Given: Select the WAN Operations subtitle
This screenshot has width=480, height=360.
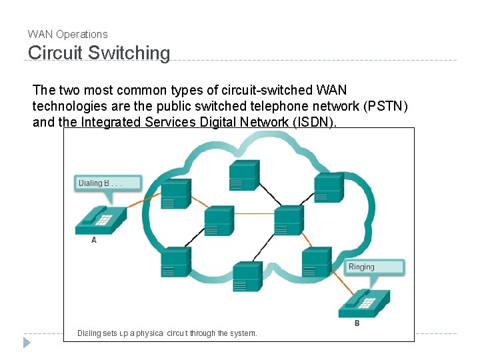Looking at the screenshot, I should tap(67, 34).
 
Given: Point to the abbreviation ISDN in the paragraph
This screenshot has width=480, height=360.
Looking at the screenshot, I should tap(314, 122).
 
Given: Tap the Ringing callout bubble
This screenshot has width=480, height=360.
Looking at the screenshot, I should tap(375, 267).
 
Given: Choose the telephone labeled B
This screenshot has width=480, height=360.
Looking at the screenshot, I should tap(364, 303).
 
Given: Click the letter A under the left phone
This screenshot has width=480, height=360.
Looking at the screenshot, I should tap(94, 240).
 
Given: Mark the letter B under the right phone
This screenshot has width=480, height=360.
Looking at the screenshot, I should tap(357, 323).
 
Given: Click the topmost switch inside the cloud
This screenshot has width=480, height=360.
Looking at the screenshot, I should tap(244, 175).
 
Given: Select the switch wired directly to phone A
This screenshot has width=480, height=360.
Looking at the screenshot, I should tap(176, 194).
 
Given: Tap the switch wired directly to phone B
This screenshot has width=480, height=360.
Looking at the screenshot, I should tap(316, 262).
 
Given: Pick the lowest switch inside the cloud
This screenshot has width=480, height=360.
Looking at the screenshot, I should tap(248, 277).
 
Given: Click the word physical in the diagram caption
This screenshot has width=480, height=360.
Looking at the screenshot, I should tap(149, 333).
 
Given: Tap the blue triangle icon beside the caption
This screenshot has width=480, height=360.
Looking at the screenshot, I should tap(27, 343).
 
